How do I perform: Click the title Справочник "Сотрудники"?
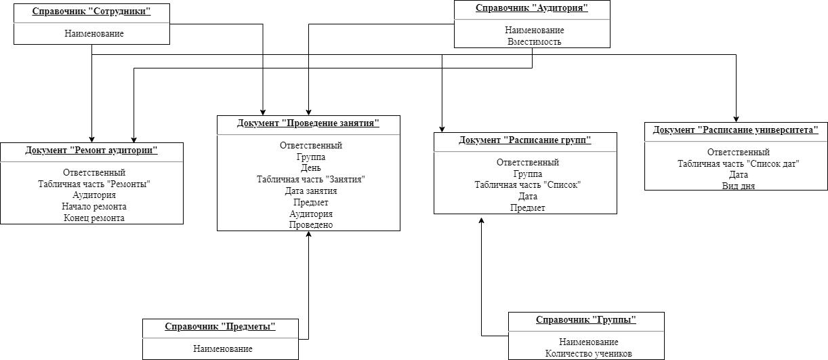(x=91, y=12)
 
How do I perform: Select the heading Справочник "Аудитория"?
(x=531, y=8)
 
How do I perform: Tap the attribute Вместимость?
(x=534, y=41)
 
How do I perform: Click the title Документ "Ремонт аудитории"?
(x=91, y=151)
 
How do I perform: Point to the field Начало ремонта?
(x=94, y=206)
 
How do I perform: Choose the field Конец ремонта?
(x=94, y=218)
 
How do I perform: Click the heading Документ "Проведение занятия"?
(x=308, y=123)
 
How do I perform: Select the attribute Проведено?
(x=311, y=224)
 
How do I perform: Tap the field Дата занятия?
(x=311, y=191)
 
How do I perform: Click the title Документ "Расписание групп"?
(x=525, y=140)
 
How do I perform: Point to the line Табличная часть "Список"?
(x=528, y=185)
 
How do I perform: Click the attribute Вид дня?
(x=738, y=186)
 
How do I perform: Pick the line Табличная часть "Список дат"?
(x=739, y=163)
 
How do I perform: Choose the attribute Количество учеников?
(x=589, y=353)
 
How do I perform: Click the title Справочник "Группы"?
(x=586, y=320)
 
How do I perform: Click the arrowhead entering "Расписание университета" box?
(x=736, y=119)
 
